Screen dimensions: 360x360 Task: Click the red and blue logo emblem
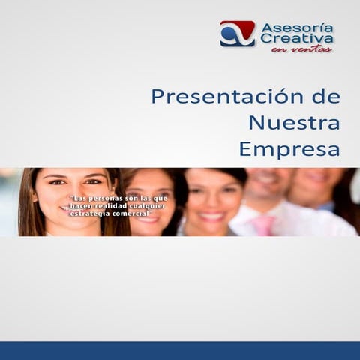point(237,34)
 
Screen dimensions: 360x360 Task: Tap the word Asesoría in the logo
point(297,28)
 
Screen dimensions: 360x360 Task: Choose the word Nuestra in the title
point(294,122)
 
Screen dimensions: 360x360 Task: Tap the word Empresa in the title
point(289,148)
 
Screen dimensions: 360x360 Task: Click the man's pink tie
point(263,225)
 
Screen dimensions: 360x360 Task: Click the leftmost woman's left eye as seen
point(58,181)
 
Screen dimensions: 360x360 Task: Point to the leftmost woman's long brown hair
point(28,206)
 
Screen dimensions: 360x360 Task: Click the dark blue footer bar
point(180,351)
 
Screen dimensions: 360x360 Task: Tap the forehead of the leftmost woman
point(73,172)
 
